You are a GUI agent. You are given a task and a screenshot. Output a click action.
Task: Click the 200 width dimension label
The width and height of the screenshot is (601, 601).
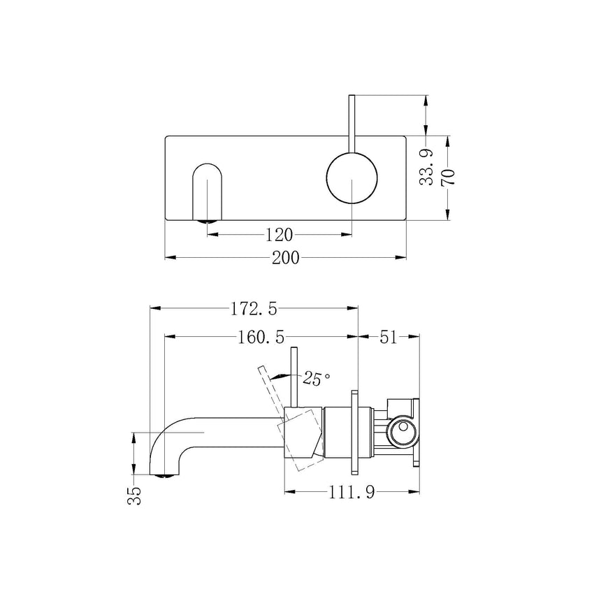click(285, 258)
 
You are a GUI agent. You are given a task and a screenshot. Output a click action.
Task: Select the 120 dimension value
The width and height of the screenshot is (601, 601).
click(280, 233)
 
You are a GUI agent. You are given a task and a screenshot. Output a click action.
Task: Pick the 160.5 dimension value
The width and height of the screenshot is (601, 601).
click(261, 337)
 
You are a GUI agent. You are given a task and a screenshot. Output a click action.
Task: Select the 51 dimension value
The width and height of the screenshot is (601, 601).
click(389, 337)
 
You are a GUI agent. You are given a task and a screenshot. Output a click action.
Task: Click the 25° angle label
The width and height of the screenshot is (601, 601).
click(316, 379)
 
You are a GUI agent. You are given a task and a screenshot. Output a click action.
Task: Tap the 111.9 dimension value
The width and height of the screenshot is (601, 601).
click(352, 493)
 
